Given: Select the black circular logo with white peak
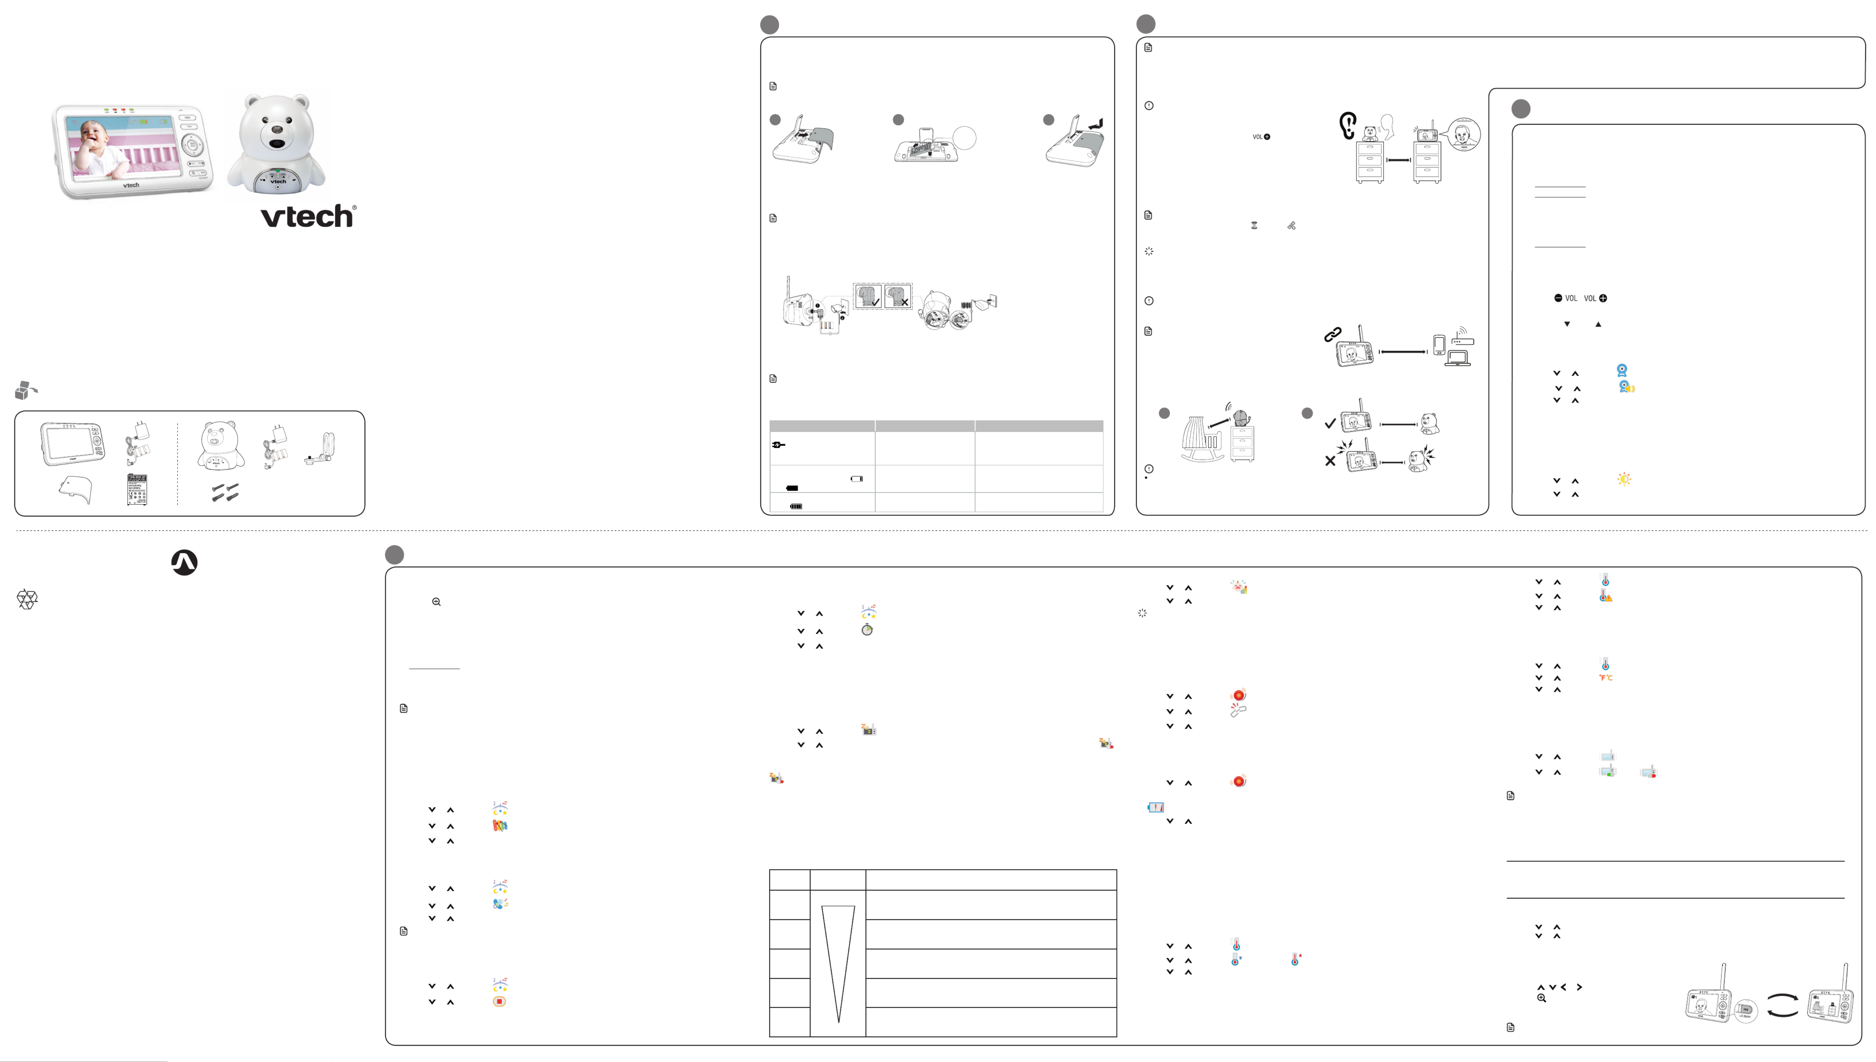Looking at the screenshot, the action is click(184, 562).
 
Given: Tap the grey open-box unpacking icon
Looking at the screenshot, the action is click(25, 390).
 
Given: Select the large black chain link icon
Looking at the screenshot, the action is click(1333, 334).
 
